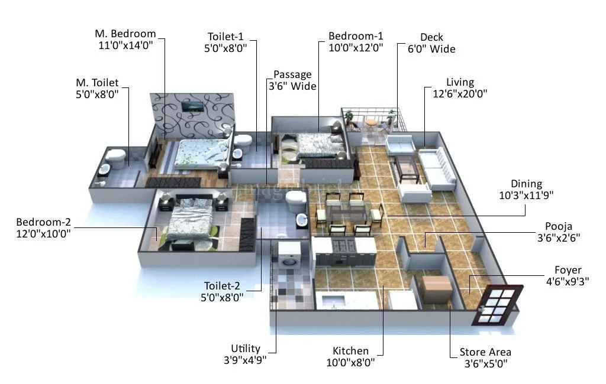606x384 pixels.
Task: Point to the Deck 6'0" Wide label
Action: [x=431, y=43]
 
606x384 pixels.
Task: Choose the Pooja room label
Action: [x=559, y=232]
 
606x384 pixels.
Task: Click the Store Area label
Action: [x=485, y=358]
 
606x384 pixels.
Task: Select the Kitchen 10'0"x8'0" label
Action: [x=350, y=356]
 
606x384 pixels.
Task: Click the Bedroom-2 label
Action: [x=43, y=228]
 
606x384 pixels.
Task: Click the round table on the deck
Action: [x=370, y=123]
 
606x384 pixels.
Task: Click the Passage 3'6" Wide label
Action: [x=295, y=80]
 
